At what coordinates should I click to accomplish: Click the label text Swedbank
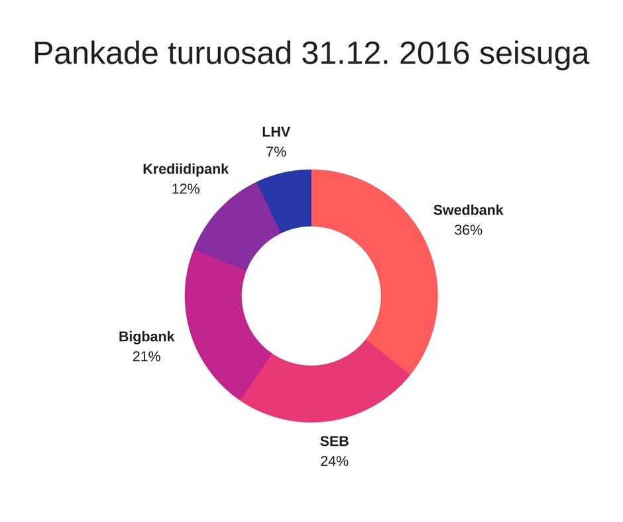click(x=468, y=210)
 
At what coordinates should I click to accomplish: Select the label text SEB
click(x=334, y=441)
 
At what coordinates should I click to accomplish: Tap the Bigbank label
click(x=146, y=336)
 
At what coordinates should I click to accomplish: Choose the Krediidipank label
click(x=186, y=169)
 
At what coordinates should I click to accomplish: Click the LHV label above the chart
click(x=276, y=132)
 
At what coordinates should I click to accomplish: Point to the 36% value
click(x=468, y=231)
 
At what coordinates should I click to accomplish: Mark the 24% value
click(x=334, y=461)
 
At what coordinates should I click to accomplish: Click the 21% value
click(x=146, y=356)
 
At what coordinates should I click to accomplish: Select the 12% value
click(x=186, y=189)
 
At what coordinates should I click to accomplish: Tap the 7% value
click(x=276, y=152)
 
